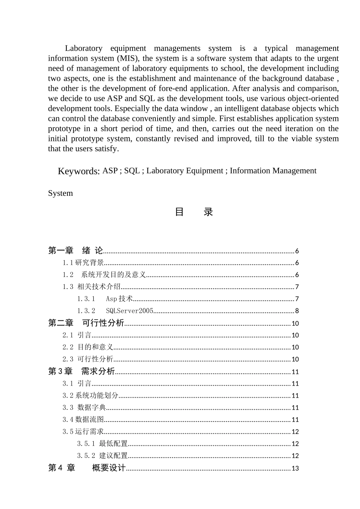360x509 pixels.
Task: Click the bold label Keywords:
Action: point(79,171)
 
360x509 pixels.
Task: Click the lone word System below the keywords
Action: point(60,193)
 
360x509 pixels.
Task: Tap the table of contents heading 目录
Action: point(194,212)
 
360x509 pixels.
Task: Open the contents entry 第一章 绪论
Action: point(76,250)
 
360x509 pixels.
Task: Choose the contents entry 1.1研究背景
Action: point(83,262)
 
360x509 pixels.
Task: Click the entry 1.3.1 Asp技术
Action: point(105,299)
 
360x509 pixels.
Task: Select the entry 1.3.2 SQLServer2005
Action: point(115,311)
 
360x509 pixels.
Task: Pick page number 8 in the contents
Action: point(297,311)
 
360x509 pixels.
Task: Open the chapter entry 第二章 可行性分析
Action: point(86,323)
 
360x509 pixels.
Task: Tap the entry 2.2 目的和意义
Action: point(88,347)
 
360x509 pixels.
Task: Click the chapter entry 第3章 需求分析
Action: point(81,372)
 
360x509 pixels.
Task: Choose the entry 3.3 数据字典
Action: point(84,408)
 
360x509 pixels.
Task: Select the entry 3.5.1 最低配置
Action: point(102,443)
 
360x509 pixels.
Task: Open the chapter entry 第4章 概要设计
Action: point(87,468)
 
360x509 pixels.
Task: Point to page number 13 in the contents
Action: point(295,468)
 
